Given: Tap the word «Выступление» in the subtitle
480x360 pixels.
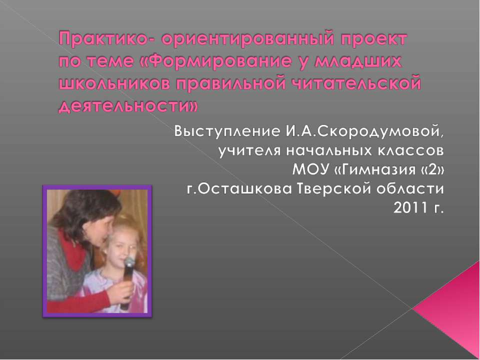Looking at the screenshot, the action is [x=227, y=132].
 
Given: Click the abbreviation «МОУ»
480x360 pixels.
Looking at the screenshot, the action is [x=310, y=169].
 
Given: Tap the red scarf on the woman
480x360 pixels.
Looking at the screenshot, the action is [x=73, y=251].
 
